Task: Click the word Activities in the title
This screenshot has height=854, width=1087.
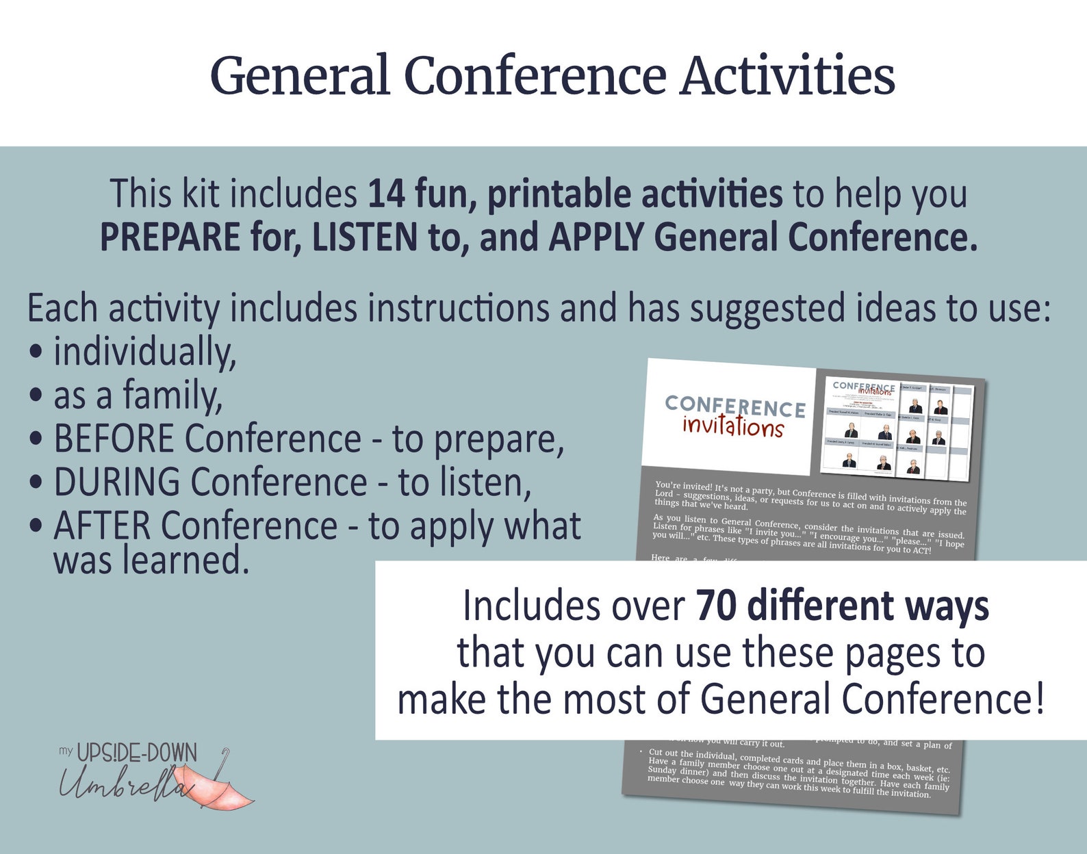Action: [x=787, y=75]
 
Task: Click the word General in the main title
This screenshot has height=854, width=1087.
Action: [x=300, y=75]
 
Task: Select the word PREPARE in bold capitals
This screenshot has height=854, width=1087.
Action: [x=170, y=237]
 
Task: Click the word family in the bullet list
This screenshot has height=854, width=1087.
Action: [x=172, y=396]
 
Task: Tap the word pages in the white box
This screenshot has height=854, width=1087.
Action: [x=893, y=654]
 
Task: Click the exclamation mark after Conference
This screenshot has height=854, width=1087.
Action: [x=1039, y=699]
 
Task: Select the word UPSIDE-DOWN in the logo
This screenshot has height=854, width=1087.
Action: [x=136, y=753]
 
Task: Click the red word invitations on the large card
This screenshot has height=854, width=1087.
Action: [x=732, y=426]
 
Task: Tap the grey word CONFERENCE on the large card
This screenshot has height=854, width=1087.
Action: [x=735, y=406]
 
